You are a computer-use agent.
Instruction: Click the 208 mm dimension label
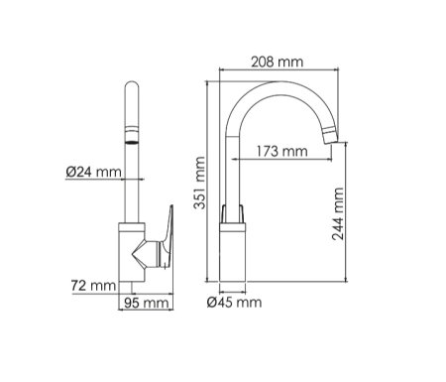pos(277,62)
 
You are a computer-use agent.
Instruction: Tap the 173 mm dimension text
pos(281,152)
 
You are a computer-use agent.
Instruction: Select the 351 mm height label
pos(199,183)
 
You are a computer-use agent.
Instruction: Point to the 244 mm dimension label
pos(338,213)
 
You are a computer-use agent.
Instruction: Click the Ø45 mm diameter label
pos(234,302)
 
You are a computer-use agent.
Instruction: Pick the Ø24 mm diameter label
pos(93,172)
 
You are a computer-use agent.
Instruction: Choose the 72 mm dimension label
pos(93,286)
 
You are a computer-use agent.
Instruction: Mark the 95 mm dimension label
pos(147,303)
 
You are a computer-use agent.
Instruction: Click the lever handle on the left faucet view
pos(167,235)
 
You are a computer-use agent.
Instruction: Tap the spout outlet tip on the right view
pos(331,136)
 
